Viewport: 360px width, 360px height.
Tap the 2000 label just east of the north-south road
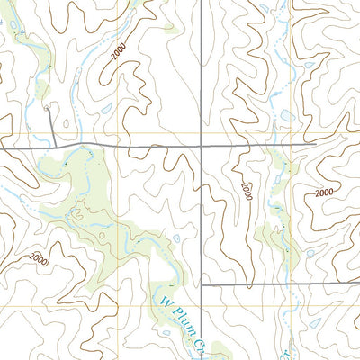pos(246,190)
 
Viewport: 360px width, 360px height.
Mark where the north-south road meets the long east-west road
pos(201,144)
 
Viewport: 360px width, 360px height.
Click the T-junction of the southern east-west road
pos(201,284)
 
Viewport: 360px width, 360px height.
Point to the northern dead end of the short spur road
pos(47,109)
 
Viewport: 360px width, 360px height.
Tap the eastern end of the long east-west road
pos(315,142)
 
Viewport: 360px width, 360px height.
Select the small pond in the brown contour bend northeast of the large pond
pos(310,65)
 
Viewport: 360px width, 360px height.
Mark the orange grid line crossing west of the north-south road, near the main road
pos(118,133)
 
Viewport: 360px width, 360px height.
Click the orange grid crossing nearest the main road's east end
pos(292,133)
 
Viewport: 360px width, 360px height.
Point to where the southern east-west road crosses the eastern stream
pos(285,285)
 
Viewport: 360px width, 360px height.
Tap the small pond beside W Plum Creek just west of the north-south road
pos(177,238)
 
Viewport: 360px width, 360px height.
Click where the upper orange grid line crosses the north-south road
pos(201,133)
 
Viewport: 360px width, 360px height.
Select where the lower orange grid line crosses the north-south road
pos(201,306)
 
